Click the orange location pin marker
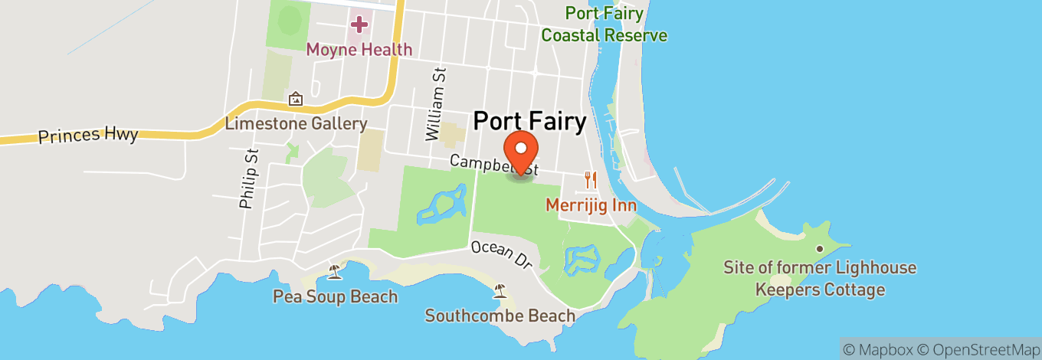point(521,150)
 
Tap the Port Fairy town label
point(529,121)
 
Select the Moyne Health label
point(359,50)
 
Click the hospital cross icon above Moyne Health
point(359,25)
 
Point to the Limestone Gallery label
point(296,123)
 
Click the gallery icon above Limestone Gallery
point(296,99)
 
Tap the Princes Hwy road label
point(88,136)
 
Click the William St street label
point(436,103)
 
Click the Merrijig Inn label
point(591,205)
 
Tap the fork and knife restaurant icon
point(591,181)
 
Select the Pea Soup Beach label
point(335,296)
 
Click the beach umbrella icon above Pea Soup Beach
point(335,271)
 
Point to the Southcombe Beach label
point(500,315)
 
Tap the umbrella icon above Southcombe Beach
point(500,290)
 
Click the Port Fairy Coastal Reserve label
point(604,24)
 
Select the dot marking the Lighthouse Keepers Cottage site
point(820,249)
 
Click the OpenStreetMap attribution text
point(982,349)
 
